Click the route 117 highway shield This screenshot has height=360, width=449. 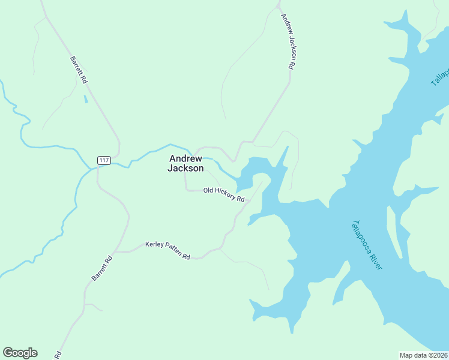[x=104, y=160]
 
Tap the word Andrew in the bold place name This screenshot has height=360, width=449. [x=185, y=159]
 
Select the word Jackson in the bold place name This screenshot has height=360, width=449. [x=185, y=169]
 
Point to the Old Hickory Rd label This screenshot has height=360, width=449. [x=224, y=194]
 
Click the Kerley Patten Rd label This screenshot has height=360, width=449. [x=167, y=250]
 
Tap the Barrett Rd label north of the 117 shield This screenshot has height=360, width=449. [x=79, y=70]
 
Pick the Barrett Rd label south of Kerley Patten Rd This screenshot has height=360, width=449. [x=102, y=269]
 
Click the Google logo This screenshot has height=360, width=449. [x=20, y=353]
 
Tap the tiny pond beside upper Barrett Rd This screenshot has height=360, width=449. [x=85, y=98]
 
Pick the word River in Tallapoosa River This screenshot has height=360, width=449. [x=375, y=260]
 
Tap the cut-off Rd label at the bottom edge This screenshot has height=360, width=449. [x=58, y=355]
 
